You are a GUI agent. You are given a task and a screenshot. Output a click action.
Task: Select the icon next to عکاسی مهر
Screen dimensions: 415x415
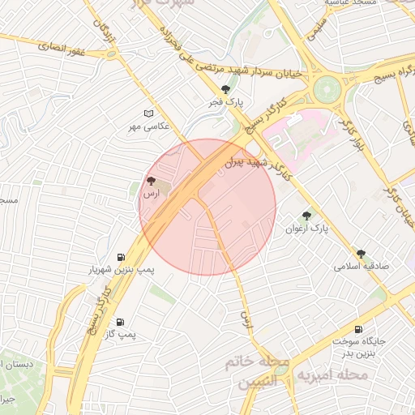[x=148, y=113]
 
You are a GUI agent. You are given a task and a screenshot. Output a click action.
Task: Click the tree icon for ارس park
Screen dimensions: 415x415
[x=151, y=181]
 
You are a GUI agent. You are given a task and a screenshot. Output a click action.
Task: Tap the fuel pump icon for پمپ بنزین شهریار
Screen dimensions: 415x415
[x=122, y=256]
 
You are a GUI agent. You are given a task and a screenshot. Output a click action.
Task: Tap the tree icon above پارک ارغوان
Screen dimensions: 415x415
[x=306, y=216]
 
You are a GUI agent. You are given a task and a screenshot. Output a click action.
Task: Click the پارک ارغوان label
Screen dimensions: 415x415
[x=306, y=229]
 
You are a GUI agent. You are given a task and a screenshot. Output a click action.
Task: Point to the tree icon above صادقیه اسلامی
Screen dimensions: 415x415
[x=361, y=254]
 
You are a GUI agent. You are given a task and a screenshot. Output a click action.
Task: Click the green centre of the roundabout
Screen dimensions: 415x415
[x=327, y=87]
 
